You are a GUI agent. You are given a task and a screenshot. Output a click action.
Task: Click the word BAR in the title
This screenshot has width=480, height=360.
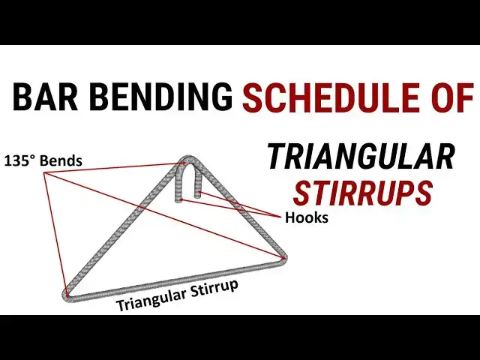point(45,97)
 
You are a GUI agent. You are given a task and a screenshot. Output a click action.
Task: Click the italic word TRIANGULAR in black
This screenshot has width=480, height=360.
point(361,157)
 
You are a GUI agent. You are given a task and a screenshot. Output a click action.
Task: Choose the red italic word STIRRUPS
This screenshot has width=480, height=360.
point(362,193)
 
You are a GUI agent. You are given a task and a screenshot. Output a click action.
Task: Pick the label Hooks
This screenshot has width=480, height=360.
point(307,219)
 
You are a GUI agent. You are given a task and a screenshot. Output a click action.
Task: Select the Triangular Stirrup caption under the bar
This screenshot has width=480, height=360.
point(177,295)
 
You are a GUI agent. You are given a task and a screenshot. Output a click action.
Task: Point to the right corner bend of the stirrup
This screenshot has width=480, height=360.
point(286,259)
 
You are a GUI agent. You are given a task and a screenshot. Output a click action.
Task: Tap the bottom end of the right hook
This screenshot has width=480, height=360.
point(197,196)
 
